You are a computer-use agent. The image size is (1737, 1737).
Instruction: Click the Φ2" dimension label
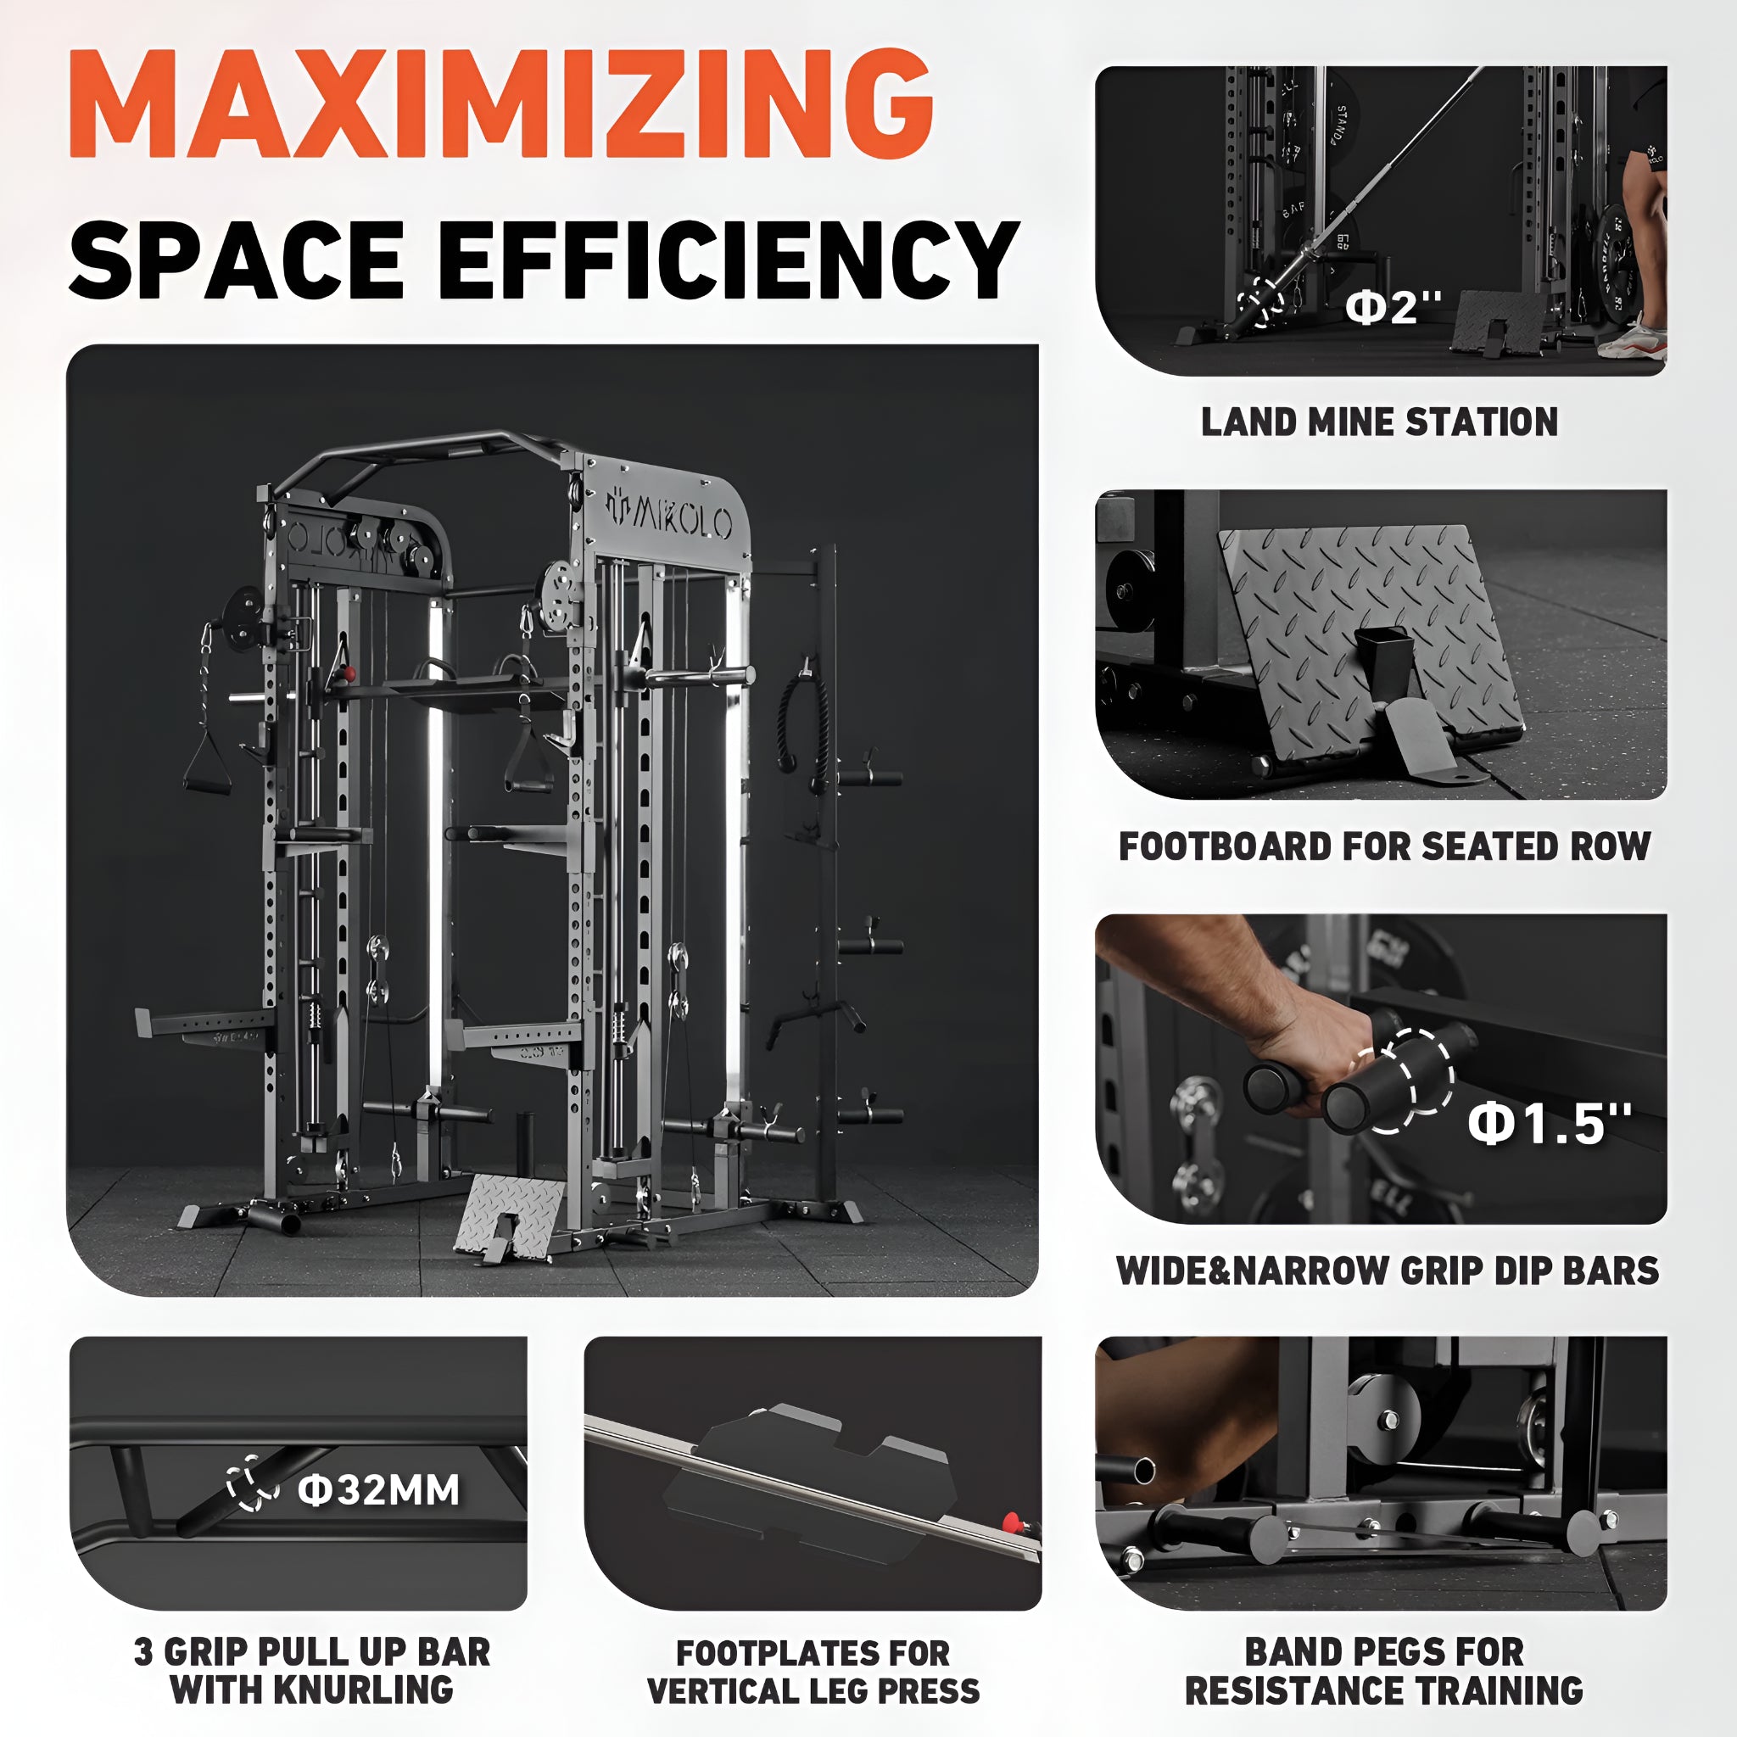[x=1394, y=308]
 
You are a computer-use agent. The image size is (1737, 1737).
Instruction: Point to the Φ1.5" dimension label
[x=1549, y=1123]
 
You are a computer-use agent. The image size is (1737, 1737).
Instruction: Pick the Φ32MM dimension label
[x=378, y=1489]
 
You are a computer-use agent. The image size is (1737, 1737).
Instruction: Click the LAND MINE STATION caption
[x=1380, y=422]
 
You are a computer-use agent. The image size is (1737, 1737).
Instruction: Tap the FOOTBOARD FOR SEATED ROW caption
[x=1384, y=846]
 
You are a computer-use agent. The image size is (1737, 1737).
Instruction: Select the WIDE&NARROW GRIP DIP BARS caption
[x=1388, y=1271]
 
